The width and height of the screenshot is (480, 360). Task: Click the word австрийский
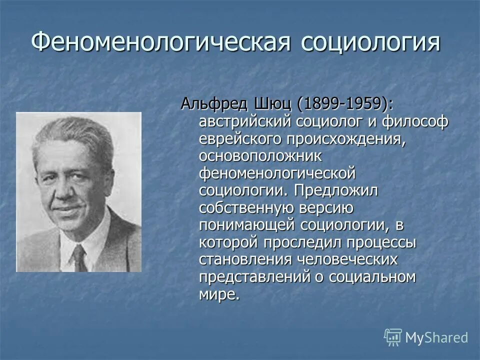[245, 121]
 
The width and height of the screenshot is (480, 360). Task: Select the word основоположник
[260, 156]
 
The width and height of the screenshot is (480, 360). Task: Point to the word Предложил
[336, 190]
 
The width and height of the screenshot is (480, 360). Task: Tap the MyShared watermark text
[436, 337]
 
